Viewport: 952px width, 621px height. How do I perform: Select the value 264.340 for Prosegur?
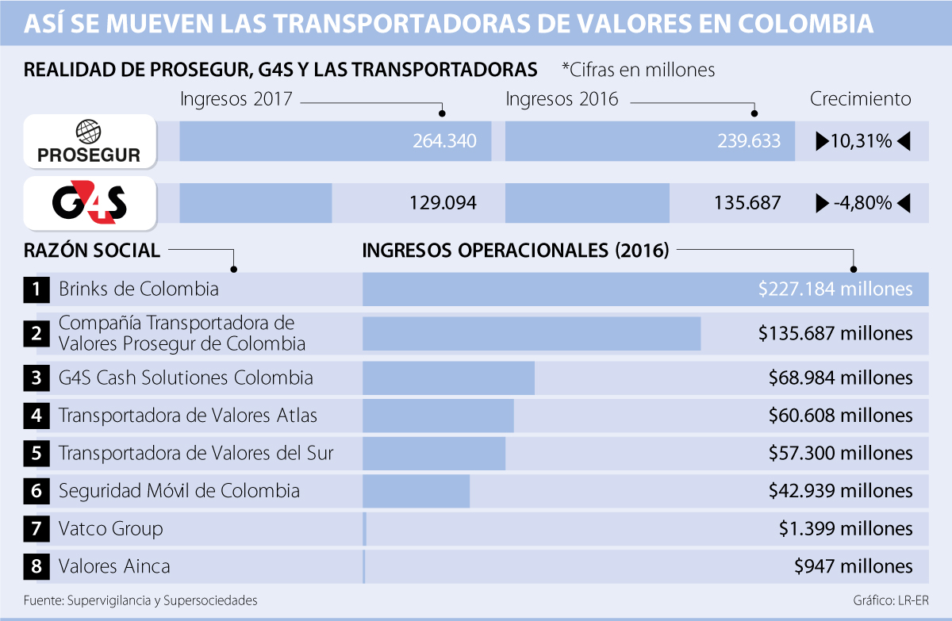click(x=444, y=142)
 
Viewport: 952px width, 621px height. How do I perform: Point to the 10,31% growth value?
click(x=862, y=142)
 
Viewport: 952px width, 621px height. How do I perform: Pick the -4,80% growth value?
click(x=862, y=203)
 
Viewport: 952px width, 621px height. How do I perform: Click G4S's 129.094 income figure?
click(x=443, y=203)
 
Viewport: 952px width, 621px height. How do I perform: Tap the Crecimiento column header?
click(x=860, y=99)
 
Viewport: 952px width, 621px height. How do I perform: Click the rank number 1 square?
click(x=36, y=289)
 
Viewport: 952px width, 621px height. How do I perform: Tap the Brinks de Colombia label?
click(x=138, y=289)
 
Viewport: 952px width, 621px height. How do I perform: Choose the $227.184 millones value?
click(x=835, y=289)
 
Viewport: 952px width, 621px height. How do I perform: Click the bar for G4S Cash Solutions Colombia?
click(x=448, y=378)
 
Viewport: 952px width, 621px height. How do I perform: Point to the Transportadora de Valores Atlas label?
click(x=188, y=415)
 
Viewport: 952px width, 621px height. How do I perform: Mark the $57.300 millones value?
click(x=840, y=453)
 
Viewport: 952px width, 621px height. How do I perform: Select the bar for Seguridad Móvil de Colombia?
click(x=416, y=491)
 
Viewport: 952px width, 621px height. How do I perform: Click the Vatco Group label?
click(x=110, y=528)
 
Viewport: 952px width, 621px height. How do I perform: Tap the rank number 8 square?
click(x=36, y=566)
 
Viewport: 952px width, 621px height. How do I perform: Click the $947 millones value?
click(x=853, y=566)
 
